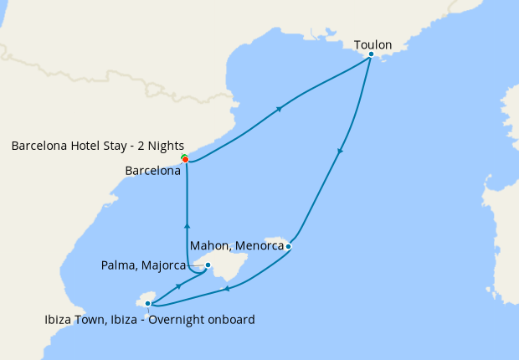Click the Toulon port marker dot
coord(371,54)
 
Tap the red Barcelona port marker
coord(185,159)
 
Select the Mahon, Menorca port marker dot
coord(288,246)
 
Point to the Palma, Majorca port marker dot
coord(208,265)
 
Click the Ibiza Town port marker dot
coord(147,304)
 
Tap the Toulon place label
coord(373,44)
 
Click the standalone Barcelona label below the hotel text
coord(152,171)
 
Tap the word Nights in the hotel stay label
coord(166,146)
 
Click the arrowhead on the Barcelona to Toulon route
coord(279,108)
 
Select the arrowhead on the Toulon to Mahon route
coord(340,152)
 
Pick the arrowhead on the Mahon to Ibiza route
coord(226,290)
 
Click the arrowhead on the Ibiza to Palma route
coord(178,286)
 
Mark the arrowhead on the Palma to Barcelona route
coord(187,224)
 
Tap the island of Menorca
coord(276,242)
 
